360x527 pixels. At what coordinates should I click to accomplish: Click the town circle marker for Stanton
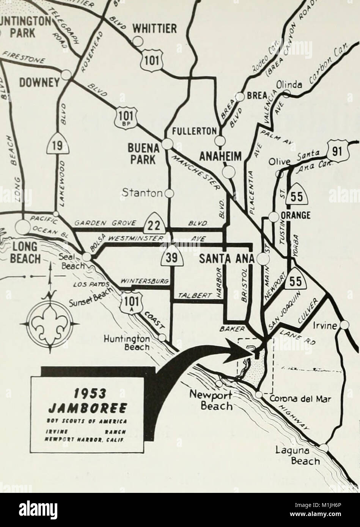(170, 193)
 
